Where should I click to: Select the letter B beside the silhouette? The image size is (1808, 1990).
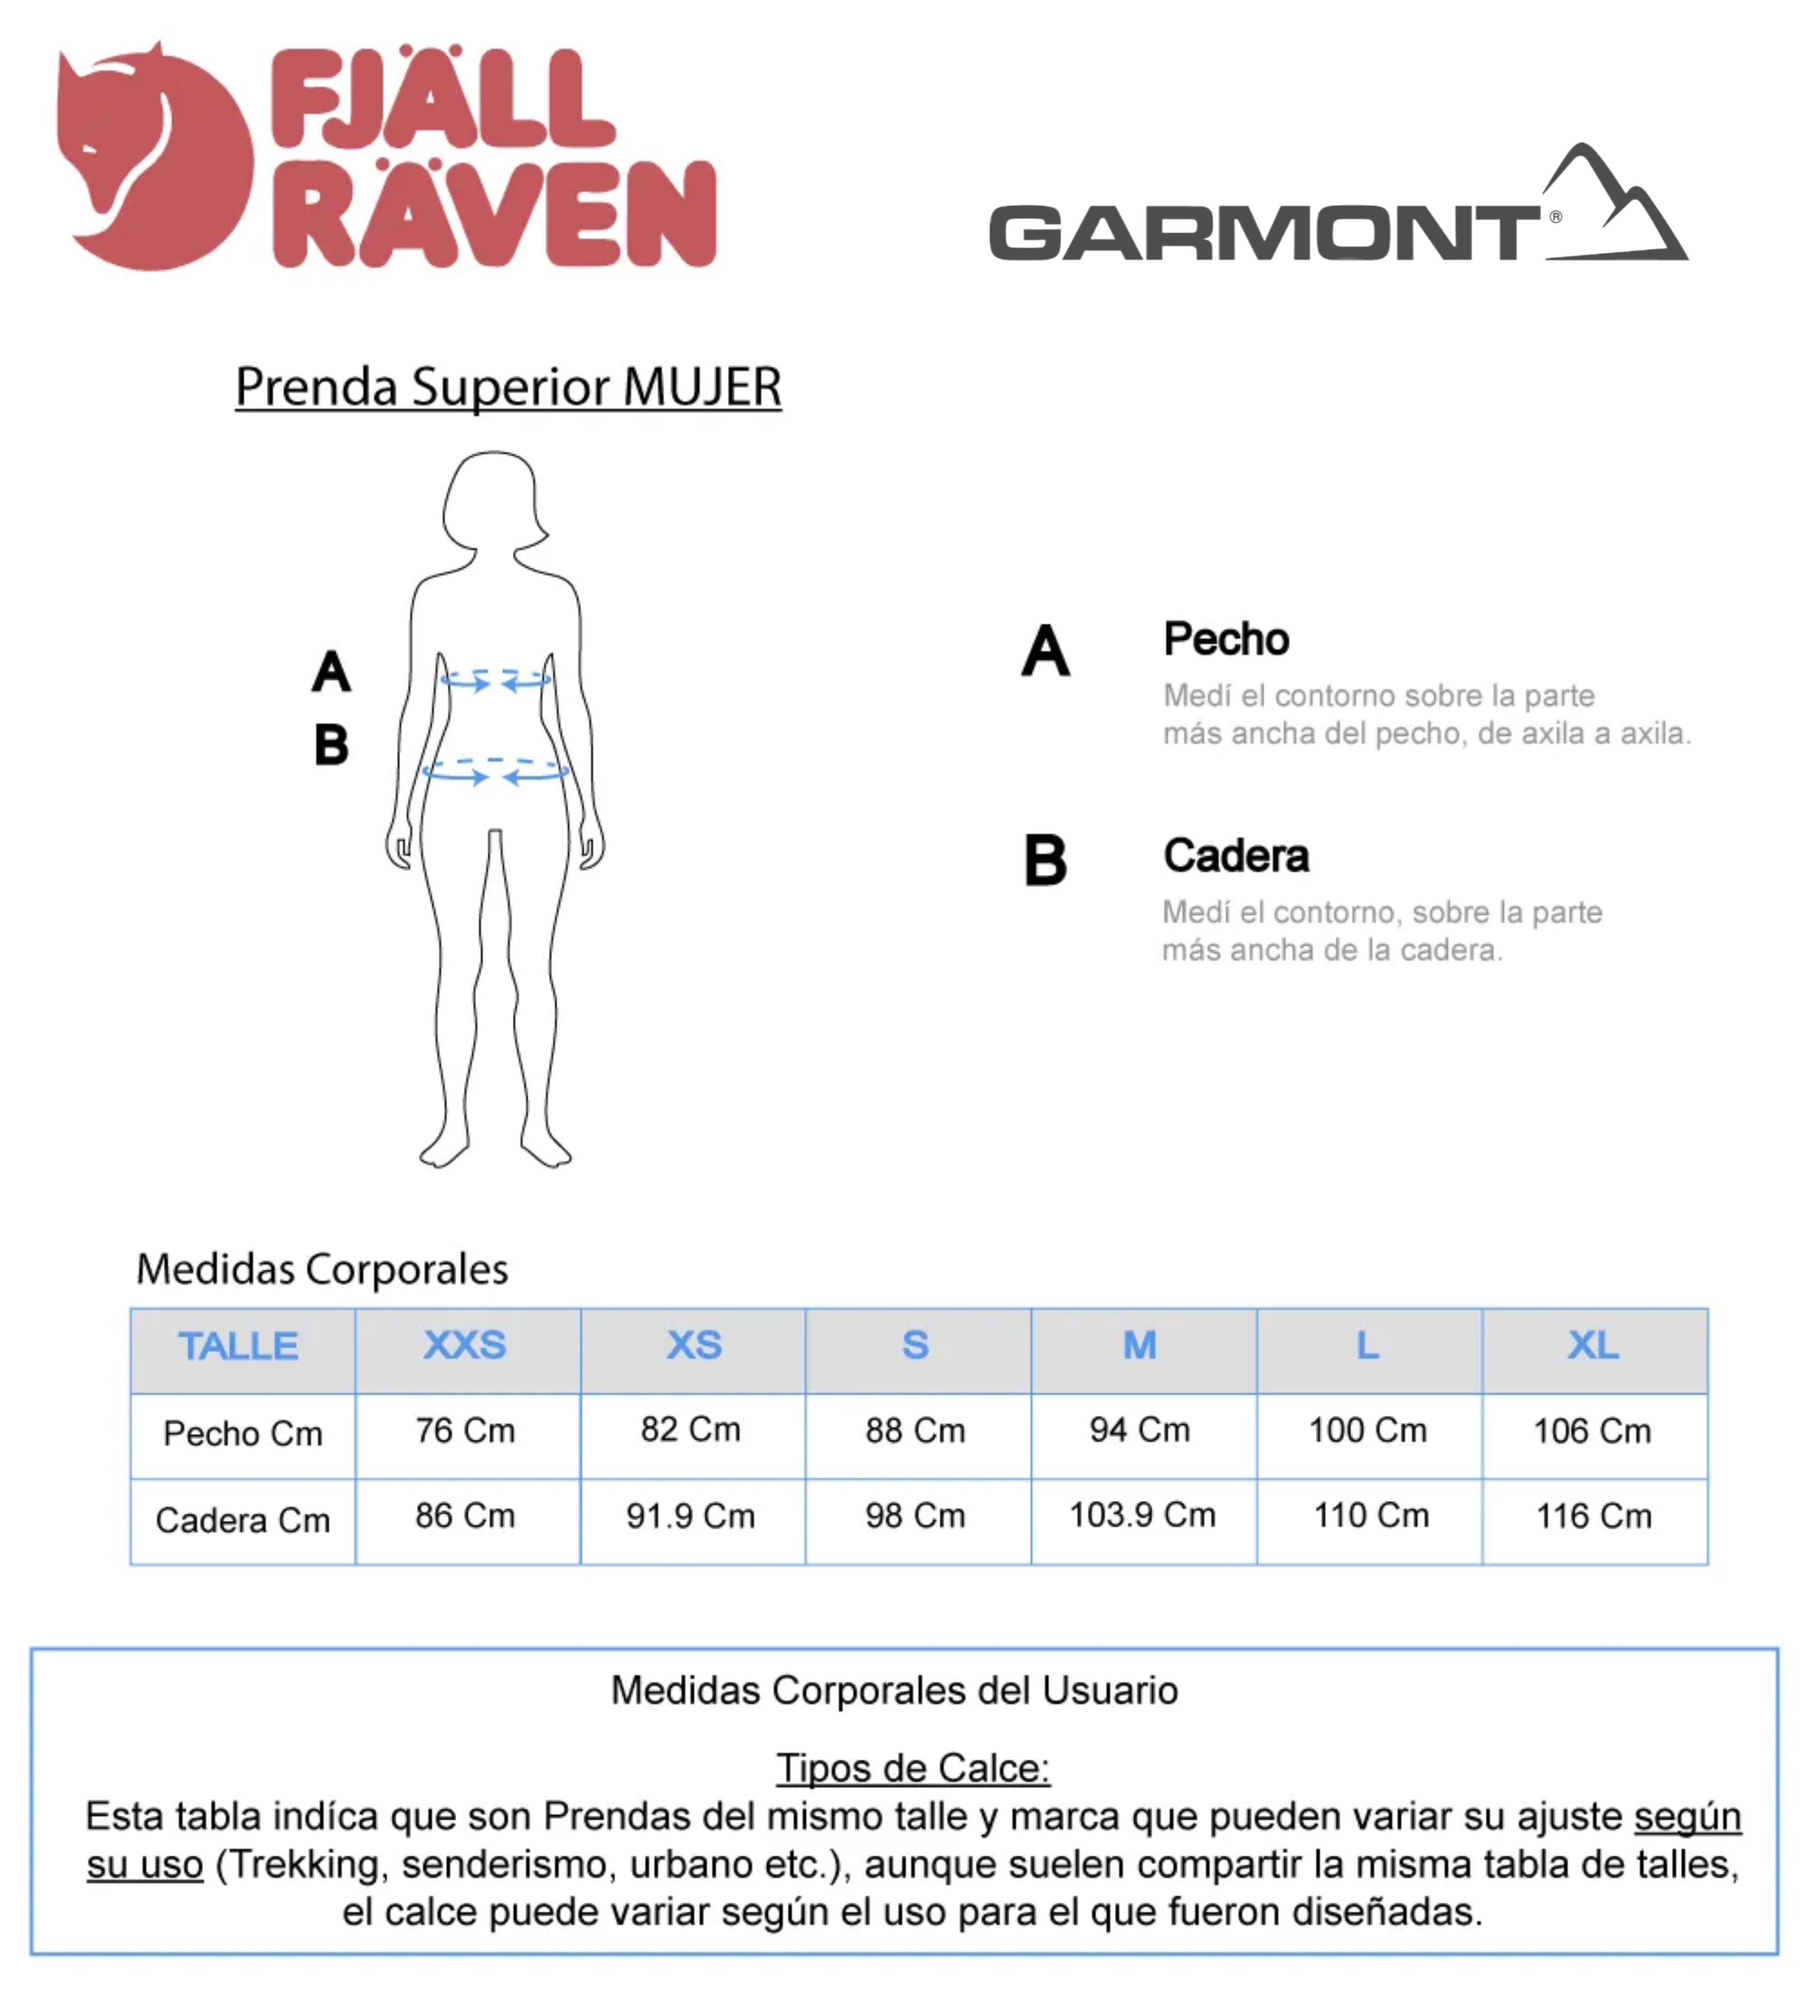click(x=332, y=745)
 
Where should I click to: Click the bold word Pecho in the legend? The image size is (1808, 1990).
click(x=1226, y=640)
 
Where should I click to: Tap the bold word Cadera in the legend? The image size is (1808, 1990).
click(x=1235, y=856)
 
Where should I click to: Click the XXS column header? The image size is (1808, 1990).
click(x=465, y=1345)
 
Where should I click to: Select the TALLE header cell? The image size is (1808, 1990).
click(x=238, y=1346)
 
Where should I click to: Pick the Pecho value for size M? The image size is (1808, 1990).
click(x=1140, y=1430)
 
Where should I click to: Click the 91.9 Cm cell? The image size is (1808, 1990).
click(x=691, y=1516)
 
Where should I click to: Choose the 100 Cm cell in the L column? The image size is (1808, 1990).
click(x=1368, y=1430)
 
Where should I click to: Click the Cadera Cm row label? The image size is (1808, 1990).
click(x=243, y=1520)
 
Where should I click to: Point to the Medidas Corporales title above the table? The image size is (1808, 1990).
click(x=321, y=1269)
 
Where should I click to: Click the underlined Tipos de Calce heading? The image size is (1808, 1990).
click(x=913, y=1768)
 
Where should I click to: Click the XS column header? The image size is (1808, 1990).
click(x=694, y=1345)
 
